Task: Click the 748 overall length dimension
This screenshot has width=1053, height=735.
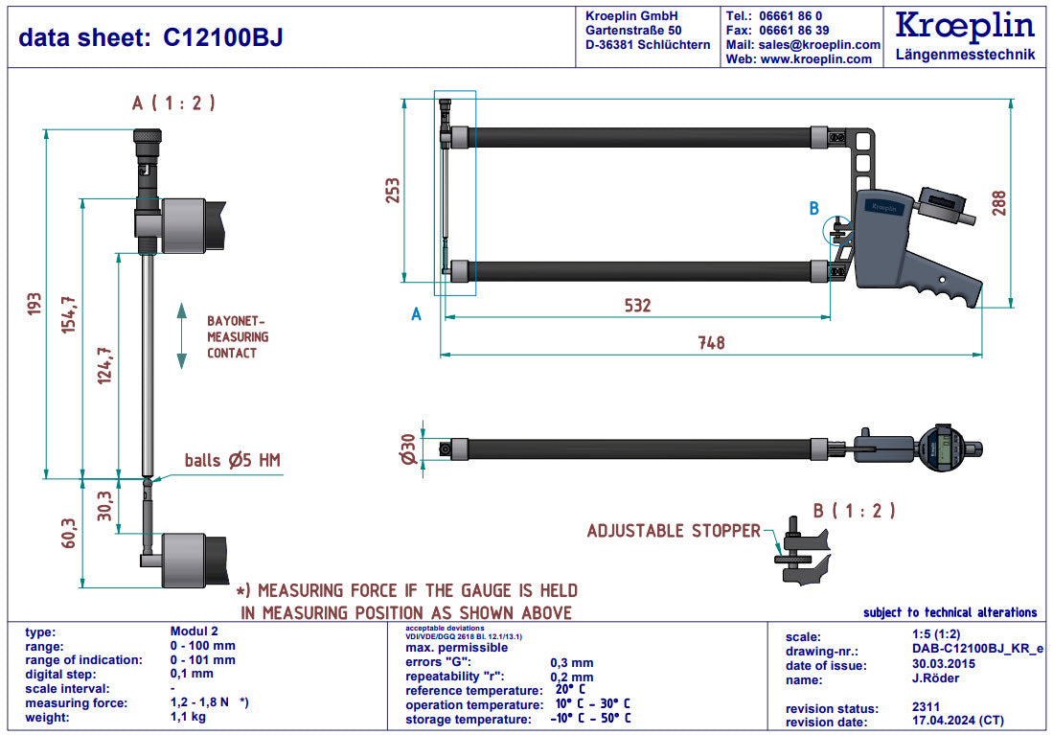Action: [x=711, y=342]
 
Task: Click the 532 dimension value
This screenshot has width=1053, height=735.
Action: [x=637, y=306]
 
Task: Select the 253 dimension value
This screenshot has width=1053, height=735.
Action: [x=392, y=191]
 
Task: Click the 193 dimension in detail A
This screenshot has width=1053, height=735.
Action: [x=34, y=304]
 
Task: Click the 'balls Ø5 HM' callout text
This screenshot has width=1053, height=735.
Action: [x=233, y=461]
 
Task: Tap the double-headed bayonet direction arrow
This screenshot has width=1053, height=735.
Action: [x=181, y=335]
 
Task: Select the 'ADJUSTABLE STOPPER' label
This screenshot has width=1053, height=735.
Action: [x=674, y=531]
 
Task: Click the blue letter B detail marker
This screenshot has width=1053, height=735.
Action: [x=814, y=208]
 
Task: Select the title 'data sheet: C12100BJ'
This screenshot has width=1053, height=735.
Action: [x=150, y=37]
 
